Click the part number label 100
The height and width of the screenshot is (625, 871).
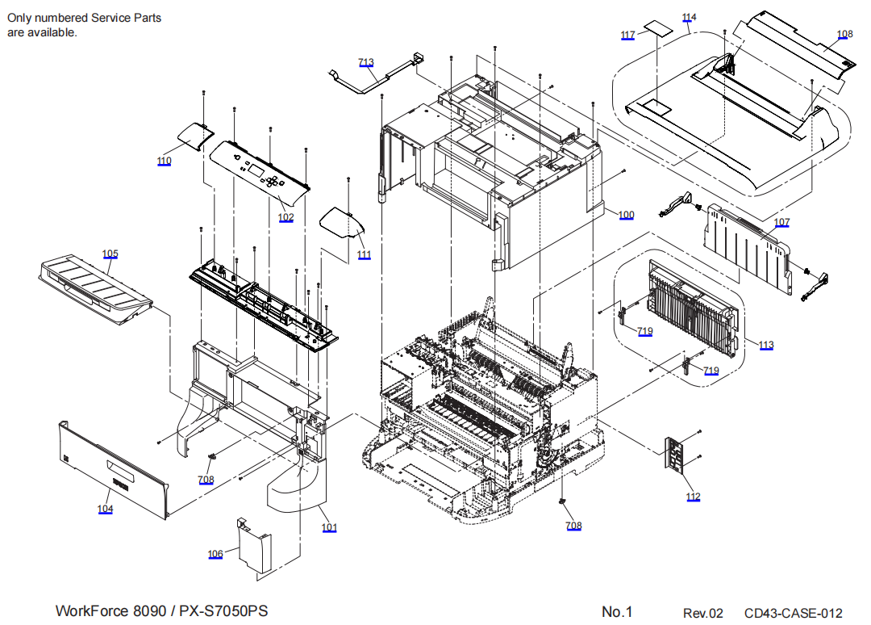coord(627,215)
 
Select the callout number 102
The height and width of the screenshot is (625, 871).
coord(285,217)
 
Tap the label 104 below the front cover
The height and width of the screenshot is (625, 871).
coord(106,509)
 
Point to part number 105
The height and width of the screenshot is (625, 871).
coord(110,254)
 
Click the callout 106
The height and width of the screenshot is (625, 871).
coord(215,554)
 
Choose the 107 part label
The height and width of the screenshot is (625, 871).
coord(781,222)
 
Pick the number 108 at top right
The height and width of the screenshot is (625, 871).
coord(844,34)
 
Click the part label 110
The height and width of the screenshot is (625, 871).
coord(164,161)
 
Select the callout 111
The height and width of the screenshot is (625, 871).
coord(364,255)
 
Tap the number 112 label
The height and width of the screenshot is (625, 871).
coord(694,497)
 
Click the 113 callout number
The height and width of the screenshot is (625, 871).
coord(765,346)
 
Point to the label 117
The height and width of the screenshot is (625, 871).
coord(627,35)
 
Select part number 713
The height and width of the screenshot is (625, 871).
coord(366,62)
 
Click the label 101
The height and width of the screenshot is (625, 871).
coord(329,528)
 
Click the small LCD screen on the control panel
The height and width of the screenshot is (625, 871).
coord(254,170)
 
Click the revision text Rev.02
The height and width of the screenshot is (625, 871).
coord(703,614)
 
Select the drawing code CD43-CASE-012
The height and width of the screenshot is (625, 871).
coord(793,614)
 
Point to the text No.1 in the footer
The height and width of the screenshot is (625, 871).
coord(617,611)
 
